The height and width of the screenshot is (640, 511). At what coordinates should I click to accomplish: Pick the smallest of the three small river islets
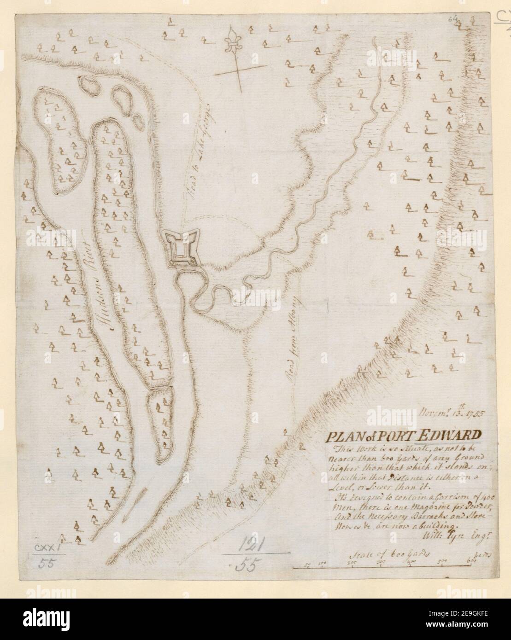click(137, 121)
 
